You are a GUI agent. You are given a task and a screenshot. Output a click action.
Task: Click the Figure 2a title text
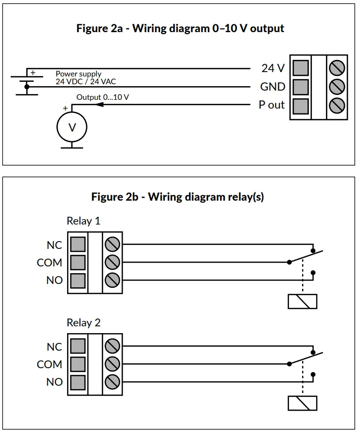180,28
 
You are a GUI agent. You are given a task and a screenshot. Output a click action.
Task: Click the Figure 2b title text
178,197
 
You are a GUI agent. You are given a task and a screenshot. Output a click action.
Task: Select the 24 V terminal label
273,68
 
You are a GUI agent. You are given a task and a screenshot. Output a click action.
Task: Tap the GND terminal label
272,87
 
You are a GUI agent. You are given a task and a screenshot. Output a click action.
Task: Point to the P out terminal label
271,105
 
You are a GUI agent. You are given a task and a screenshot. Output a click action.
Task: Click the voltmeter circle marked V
72,128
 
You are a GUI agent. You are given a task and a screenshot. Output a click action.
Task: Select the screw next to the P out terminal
337,105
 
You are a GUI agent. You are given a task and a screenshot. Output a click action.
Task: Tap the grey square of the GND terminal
301,87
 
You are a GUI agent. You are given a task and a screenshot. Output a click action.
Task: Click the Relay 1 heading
83,221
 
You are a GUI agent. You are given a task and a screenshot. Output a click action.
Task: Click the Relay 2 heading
83,323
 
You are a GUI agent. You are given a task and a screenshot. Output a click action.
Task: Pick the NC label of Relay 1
54,245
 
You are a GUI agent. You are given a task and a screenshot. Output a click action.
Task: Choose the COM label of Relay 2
50,364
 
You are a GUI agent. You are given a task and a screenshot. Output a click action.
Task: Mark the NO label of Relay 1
54,281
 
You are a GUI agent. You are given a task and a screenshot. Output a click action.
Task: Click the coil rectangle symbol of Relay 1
302,301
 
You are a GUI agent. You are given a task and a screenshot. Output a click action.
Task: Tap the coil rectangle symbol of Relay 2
302,403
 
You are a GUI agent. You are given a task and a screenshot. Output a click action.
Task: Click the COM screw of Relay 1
112,262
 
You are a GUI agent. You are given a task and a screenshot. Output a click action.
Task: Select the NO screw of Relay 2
112,381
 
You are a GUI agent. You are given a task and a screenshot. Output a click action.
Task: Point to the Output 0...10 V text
103,97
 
